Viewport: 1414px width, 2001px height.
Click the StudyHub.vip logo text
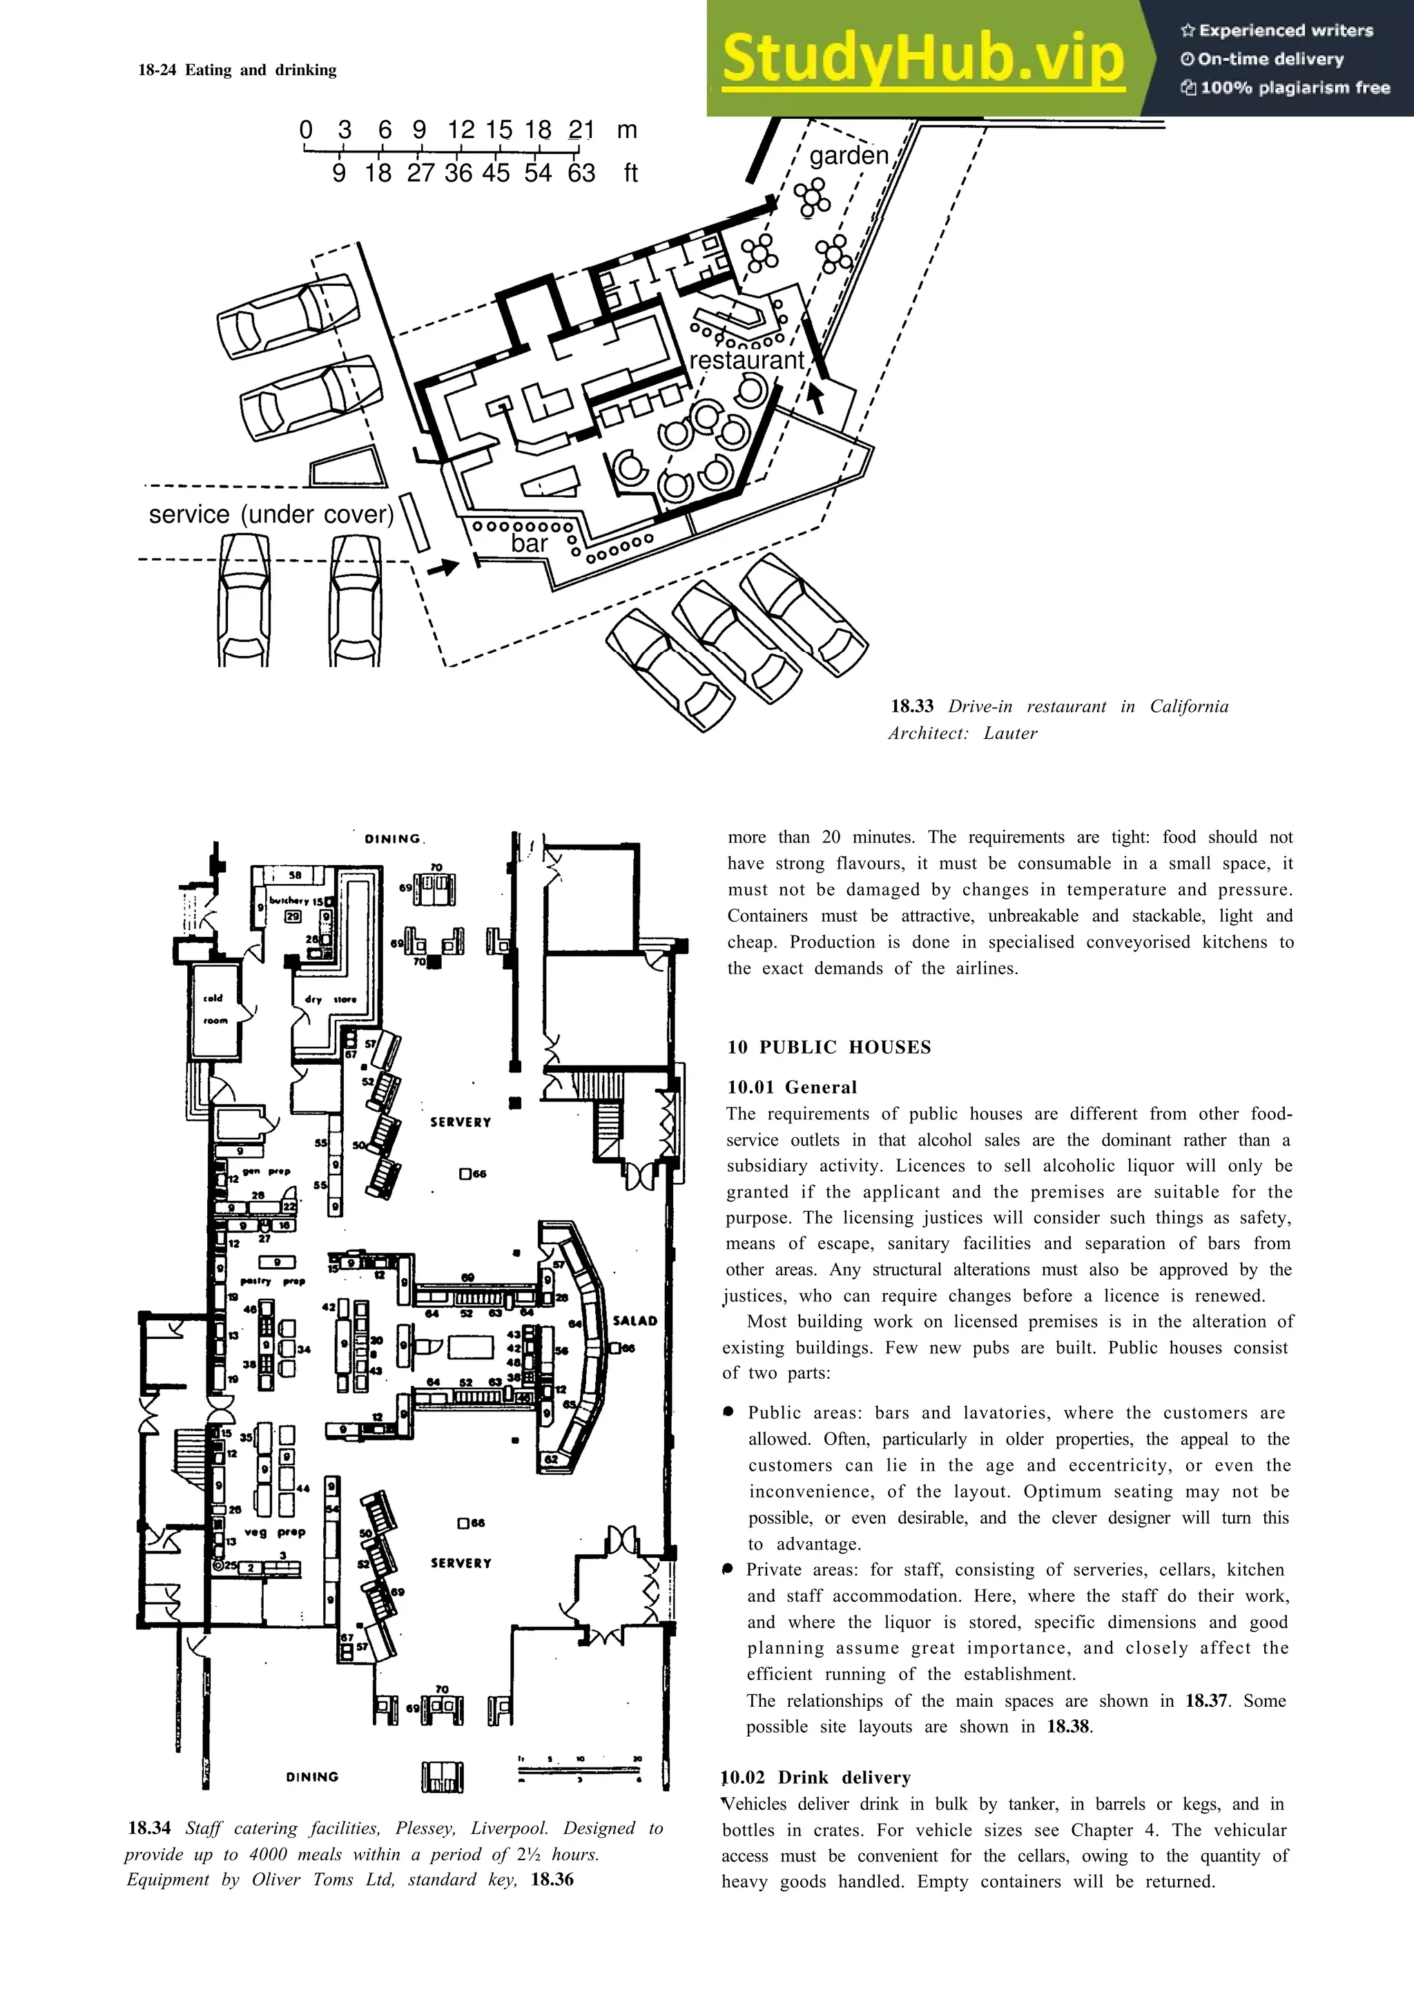coord(922,57)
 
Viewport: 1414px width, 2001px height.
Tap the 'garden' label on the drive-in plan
coord(849,156)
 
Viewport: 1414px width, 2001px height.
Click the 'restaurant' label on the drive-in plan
coord(746,360)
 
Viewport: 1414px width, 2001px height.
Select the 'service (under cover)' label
coord(271,514)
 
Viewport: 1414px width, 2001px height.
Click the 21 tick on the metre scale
coord(581,130)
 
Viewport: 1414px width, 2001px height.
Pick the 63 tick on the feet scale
coord(581,173)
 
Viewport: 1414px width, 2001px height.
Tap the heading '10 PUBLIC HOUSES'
coord(829,1047)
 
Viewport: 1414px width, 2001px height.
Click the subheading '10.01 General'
coord(792,1087)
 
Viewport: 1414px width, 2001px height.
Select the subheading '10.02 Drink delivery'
coord(816,1777)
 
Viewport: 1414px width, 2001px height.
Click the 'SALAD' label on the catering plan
coord(635,1320)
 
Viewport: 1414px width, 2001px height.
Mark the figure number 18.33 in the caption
coord(911,706)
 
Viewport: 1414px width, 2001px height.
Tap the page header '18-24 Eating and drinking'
coord(237,70)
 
